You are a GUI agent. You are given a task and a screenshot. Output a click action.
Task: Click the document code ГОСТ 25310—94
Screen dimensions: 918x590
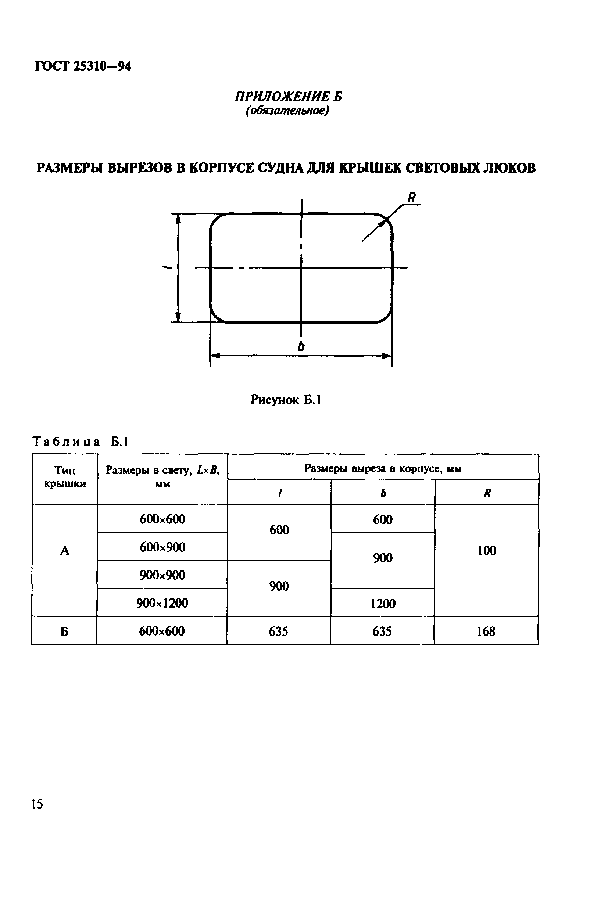click(83, 66)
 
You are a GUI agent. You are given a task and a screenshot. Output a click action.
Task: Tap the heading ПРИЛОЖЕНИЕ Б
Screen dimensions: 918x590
click(288, 97)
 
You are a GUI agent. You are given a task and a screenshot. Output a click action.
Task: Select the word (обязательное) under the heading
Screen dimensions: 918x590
click(287, 111)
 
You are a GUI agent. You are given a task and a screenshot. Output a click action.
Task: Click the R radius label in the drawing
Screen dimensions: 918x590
click(411, 198)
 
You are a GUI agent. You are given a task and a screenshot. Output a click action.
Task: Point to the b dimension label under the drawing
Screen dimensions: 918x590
click(301, 346)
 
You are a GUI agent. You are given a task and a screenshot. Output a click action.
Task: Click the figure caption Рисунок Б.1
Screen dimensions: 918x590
click(285, 400)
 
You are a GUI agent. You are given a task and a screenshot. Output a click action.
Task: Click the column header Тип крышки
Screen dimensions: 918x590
click(65, 477)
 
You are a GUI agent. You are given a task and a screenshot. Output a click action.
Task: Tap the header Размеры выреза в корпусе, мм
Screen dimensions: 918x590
click(383, 469)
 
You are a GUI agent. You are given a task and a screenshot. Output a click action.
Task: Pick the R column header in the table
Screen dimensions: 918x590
click(487, 493)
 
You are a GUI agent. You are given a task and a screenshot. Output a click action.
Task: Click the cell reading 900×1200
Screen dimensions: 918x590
click(162, 603)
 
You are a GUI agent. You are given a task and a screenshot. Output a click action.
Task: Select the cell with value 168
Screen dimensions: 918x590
click(486, 631)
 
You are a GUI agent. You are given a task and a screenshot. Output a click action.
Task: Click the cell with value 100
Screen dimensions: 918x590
click(487, 551)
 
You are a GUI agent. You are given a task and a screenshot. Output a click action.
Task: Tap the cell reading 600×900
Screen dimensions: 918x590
click(162, 547)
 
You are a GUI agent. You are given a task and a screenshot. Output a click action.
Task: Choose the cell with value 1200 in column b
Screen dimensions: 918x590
click(383, 604)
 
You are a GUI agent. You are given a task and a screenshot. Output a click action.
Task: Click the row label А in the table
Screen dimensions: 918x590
click(65, 551)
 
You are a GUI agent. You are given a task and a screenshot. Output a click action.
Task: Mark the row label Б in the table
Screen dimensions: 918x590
click(64, 631)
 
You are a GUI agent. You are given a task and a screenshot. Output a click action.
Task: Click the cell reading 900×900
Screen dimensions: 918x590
click(162, 575)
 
